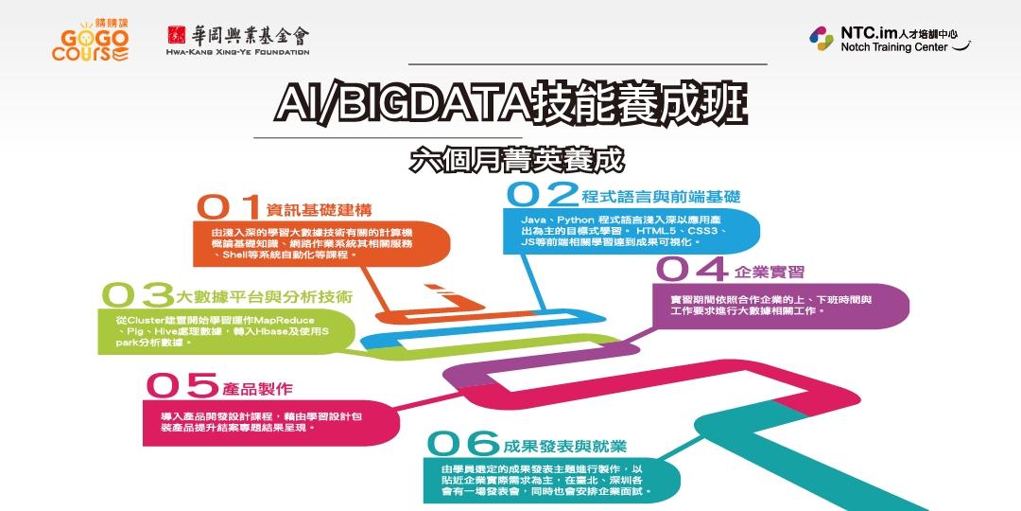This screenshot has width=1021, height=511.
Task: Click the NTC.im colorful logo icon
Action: (x=821, y=38)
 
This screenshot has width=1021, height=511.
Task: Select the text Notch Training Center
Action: (x=893, y=47)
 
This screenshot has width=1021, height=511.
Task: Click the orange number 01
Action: (x=228, y=207)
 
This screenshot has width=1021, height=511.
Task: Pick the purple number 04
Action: (x=691, y=270)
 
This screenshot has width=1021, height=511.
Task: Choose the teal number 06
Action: (x=463, y=443)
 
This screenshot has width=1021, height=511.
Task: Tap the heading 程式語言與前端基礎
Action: (x=661, y=197)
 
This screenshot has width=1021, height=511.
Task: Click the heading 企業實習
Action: (x=770, y=272)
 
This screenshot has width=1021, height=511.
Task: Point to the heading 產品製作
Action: (x=258, y=388)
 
